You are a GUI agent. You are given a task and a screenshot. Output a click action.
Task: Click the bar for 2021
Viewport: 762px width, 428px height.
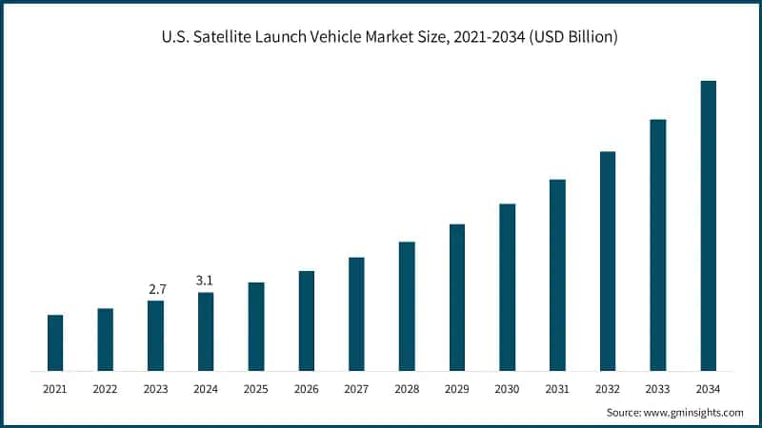(55, 342)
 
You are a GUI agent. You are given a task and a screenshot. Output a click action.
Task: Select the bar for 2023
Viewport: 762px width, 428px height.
(155, 336)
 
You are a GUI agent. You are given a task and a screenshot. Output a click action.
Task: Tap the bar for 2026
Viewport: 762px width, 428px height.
(307, 321)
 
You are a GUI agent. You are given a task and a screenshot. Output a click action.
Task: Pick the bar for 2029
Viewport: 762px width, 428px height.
(457, 297)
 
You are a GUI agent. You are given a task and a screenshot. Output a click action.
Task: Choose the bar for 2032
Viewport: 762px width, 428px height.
(608, 261)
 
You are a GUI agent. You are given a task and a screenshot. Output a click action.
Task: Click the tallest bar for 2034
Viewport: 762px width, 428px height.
(708, 225)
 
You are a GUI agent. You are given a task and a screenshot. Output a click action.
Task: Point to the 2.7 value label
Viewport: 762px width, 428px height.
(155, 288)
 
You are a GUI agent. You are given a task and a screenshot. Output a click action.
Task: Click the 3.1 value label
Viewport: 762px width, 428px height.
(206, 280)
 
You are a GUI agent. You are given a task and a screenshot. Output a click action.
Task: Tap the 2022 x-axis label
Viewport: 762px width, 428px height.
(105, 389)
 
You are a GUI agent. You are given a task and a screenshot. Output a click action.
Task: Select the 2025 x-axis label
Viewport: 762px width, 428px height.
(256, 389)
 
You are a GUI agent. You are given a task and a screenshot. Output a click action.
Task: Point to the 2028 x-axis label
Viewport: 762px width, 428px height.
(407, 389)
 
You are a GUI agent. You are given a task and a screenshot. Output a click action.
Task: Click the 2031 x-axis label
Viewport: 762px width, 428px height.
(557, 389)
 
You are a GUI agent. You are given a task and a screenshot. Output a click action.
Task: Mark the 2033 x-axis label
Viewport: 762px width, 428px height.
(658, 389)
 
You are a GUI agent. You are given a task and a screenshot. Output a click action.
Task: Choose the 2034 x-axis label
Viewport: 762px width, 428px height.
(708, 389)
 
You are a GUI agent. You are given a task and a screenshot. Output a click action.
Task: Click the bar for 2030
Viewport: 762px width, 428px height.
(508, 286)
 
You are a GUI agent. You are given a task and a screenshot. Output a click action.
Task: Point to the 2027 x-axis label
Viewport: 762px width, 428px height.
(356, 389)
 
